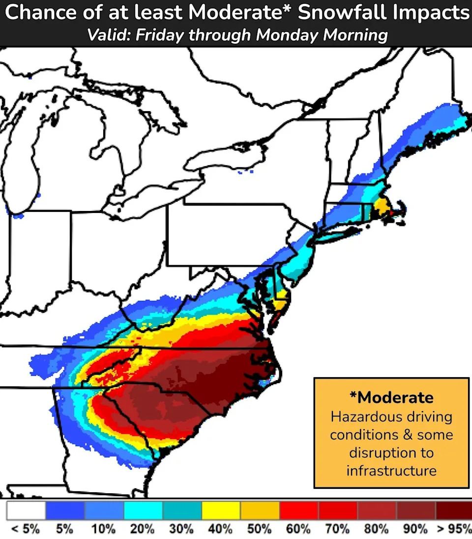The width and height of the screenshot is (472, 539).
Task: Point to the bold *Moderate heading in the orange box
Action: coord(391,397)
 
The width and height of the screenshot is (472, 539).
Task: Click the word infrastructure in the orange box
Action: coord(391,470)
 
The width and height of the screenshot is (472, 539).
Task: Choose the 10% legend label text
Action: coord(103,530)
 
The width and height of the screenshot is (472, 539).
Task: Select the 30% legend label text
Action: coord(181,530)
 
